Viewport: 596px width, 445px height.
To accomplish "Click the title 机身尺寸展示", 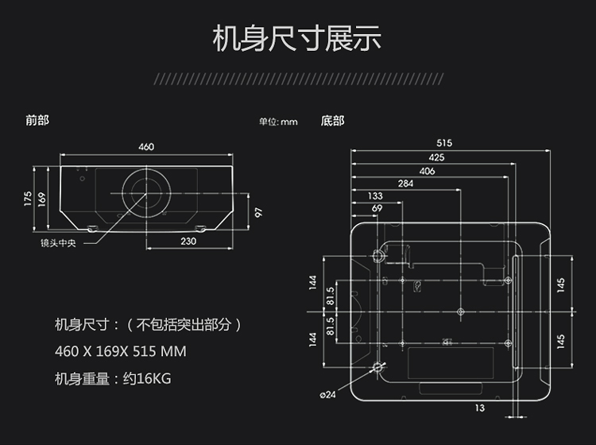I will [x=297, y=38].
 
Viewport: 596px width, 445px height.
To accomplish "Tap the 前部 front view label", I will [x=37, y=121].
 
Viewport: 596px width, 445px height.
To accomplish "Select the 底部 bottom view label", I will [x=332, y=121].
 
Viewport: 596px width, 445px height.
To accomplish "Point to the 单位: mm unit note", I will [x=277, y=122].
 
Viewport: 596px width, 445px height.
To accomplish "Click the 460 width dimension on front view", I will [x=146, y=147].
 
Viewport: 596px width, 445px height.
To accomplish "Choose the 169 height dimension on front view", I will [x=43, y=198].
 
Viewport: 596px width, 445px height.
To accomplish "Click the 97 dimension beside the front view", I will [x=257, y=213].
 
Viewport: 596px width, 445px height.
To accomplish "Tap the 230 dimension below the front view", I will [x=188, y=241].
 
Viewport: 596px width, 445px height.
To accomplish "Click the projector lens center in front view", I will [x=146, y=192].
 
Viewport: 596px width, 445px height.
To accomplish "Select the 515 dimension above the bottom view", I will [x=443, y=143].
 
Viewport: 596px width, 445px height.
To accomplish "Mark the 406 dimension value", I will [x=428, y=171].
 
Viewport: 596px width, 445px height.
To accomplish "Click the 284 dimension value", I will [x=406, y=184].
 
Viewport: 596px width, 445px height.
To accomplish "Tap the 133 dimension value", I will [x=375, y=195].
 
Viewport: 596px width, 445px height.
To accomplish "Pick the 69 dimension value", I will [x=377, y=208].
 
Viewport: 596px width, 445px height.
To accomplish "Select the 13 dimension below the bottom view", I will [x=479, y=408].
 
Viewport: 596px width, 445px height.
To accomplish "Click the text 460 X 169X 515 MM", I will [x=120, y=351].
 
